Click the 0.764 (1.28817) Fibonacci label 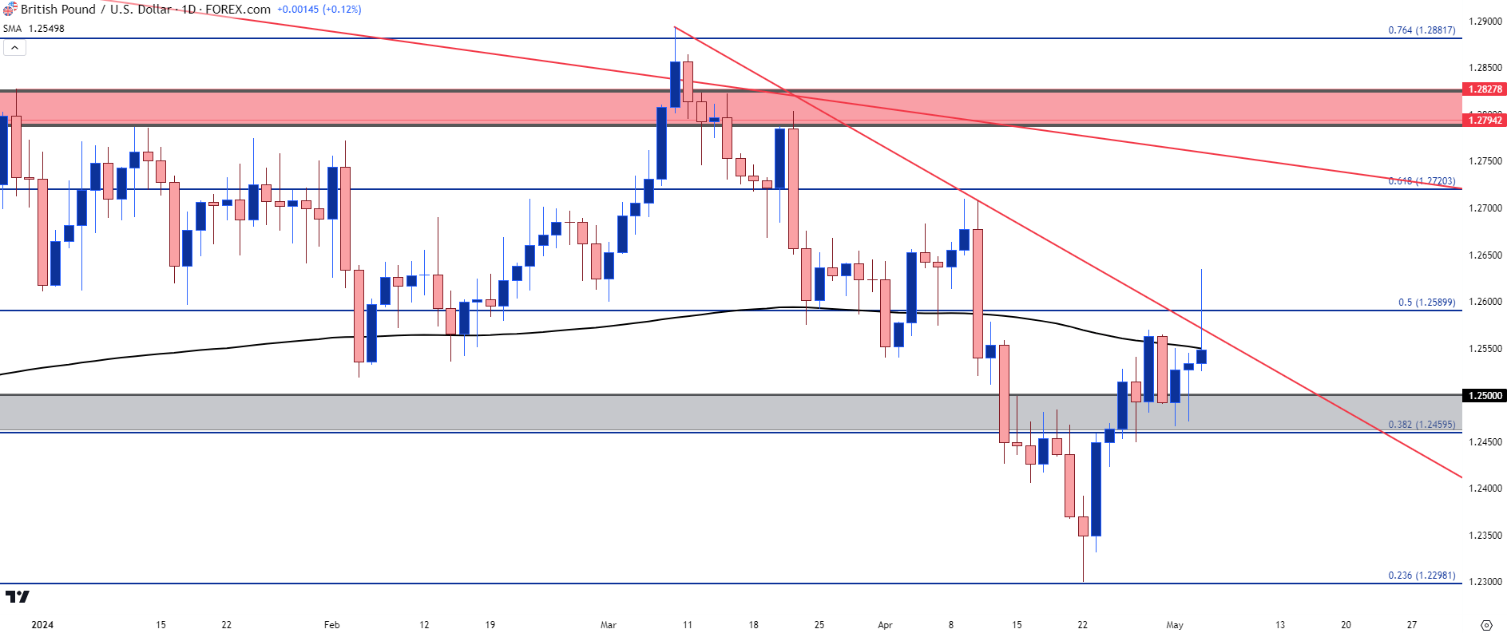point(1421,30)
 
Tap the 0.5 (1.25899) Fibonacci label point(1426,303)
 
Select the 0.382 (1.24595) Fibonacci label point(1421,425)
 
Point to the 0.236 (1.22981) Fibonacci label point(1421,576)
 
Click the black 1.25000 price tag point(1485,396)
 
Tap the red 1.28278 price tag point(1485,89)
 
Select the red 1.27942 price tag point(1485,121)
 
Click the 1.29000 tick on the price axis point(1485,22)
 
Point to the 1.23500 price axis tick point(1485,536)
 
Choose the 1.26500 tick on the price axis point(1485,255)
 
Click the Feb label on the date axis point(331,625)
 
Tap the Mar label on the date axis point(609,625)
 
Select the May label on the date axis point(1174,625)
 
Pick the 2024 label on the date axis point(42,625)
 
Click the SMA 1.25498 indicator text point(34,29)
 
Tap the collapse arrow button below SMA point(14,48)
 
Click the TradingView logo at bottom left point(17,596)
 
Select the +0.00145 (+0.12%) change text point(319,10)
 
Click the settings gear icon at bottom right point(1486,625)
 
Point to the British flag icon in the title point(10,10)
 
